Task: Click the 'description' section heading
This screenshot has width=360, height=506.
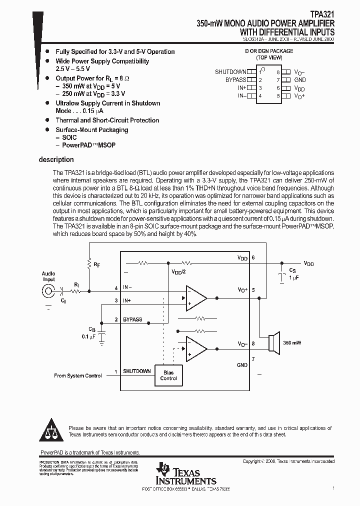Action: [56, 160]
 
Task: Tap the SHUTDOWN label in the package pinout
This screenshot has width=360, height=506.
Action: [230, 72]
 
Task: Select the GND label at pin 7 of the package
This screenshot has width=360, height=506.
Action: [300, 80]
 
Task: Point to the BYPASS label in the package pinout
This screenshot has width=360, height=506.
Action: [235, 80]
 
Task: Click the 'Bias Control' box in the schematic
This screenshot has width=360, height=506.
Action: [168, 375]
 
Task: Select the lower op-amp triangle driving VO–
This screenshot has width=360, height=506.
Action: [195, 349]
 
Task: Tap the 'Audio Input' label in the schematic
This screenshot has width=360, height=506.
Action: [48, 276]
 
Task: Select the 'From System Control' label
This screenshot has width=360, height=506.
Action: [78, 375]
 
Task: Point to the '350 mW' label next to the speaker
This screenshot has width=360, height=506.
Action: [292, 343]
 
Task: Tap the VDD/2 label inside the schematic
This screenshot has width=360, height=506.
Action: [178, 272]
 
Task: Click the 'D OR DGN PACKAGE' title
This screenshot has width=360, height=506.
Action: [269, 51]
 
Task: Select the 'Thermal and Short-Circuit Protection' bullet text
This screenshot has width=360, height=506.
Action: [107, 120]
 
